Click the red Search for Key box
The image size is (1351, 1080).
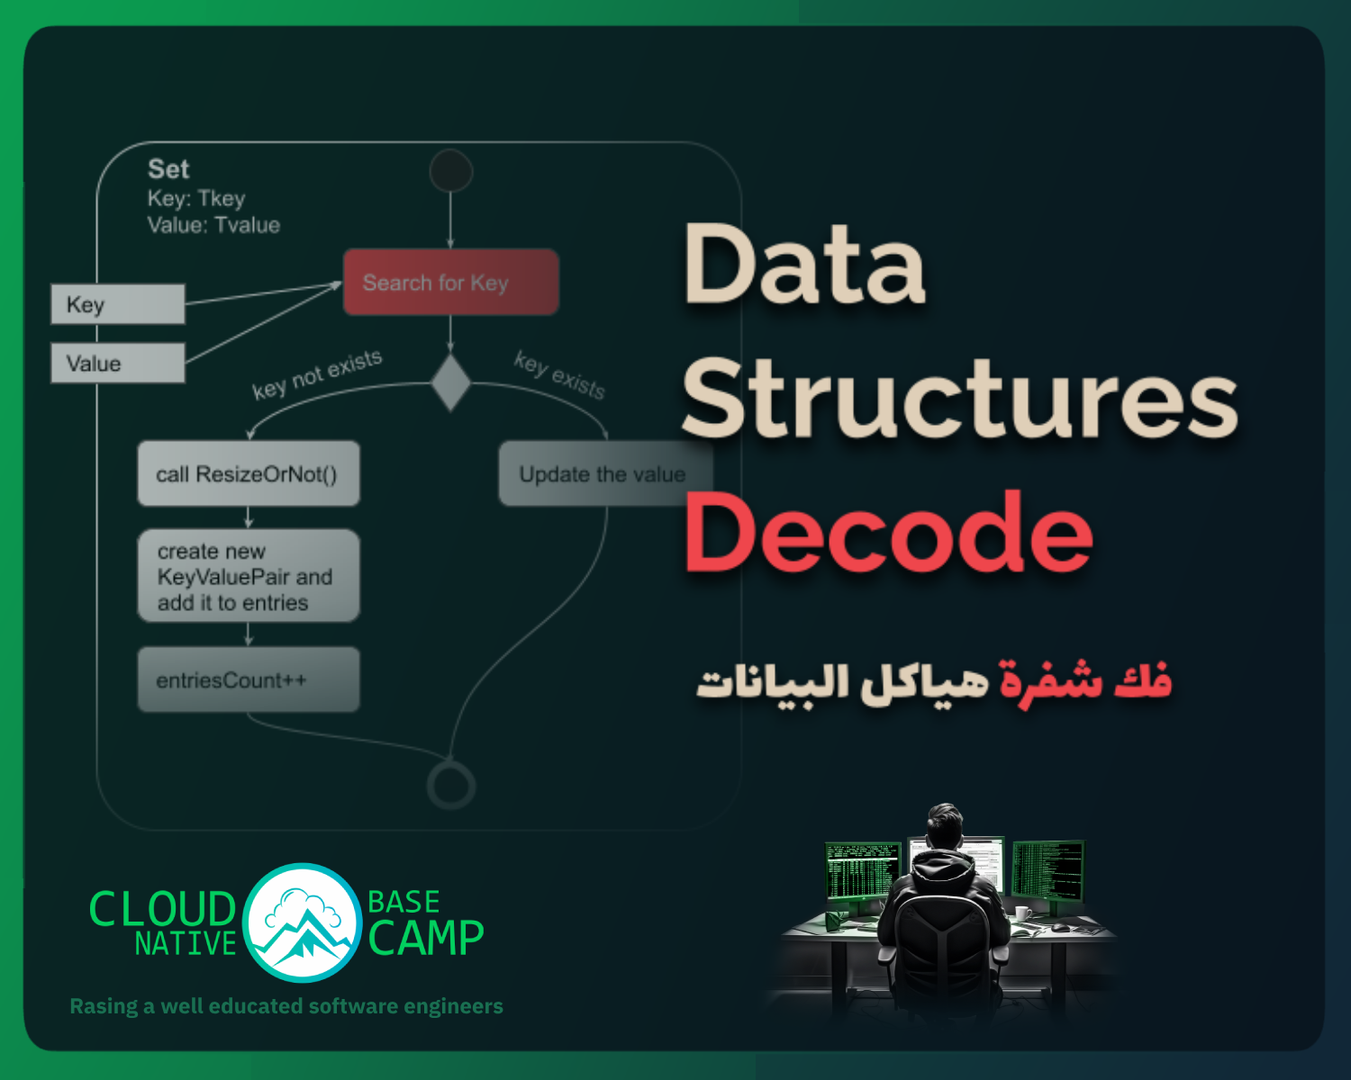pyautogui.click(x=450, y=282)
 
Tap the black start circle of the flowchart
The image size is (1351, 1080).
pyautogui.click(x=450, y=171)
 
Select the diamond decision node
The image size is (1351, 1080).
pyautogui.click(x=450, y=382)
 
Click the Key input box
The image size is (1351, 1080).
pyautogui.click(x=118, y=304)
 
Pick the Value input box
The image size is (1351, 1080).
pyautogui.click(x=118, y=363)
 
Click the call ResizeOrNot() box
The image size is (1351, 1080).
pyautogui.click(x=249, y=473)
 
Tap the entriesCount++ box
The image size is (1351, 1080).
pyautogui.click(x=249, y=679)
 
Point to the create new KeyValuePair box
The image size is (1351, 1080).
pyautogui.click(x=249, y=576)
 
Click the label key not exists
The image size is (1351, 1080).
pyautogui.click(x=317, y=374)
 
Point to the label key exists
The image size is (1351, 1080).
pyautogui.click(x=559, y=375)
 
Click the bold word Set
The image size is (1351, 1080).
pyautogui.click(x=168, y=169)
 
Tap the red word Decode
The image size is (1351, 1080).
pyautogui.click(x=888, y=532)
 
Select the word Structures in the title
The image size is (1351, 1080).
pyautogui.click(x=960, y=397)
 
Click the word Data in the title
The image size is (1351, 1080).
pyautogui.click(x=804, y=263)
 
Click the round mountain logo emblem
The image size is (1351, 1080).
pyautogui.click(x=302, y=922)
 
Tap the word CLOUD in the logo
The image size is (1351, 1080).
pyautogui.click(x=163, y=909)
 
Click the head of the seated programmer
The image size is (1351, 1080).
pyautogui.click(x=945, y=825)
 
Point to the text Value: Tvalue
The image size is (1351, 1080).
pyautogui.click(x=213, y=225)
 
